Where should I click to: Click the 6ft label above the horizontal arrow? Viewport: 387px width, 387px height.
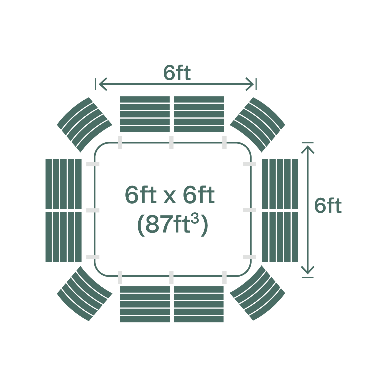[177, 73]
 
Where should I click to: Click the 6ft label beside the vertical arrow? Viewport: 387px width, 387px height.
[328, 206]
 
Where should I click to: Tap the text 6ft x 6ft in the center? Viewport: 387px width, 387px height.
[170, 195]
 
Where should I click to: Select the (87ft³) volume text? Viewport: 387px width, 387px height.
[172, 224]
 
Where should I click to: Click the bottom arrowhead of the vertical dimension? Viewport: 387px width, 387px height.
[308, 271]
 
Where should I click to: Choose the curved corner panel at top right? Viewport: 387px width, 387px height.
[257, 125]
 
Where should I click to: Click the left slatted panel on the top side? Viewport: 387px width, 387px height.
[145, 114]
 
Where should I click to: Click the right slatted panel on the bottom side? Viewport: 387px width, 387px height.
[199, 304]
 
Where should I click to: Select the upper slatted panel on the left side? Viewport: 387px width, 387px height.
[63, 183]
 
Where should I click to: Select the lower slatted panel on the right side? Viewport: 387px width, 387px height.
[280, 237]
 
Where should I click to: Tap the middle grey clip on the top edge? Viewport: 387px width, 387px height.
[171, 142]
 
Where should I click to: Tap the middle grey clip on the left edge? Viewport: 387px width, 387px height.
[93, 210]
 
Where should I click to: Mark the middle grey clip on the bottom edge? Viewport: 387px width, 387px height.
[171, 277]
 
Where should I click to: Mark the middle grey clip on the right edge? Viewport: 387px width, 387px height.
[249, 210]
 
